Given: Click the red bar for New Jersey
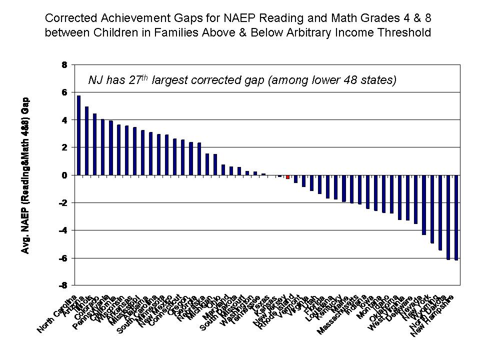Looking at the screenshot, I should tap(287, 177).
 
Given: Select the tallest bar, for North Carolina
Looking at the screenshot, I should tap(78, 135).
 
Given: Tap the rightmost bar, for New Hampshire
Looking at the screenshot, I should tap(456, 217).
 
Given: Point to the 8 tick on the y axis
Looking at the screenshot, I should tap(63, 64).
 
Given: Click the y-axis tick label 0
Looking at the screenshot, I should tap(63, 175).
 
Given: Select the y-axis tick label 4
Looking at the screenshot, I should tap(63, 120).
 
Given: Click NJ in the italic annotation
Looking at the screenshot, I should tap(95, 80).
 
